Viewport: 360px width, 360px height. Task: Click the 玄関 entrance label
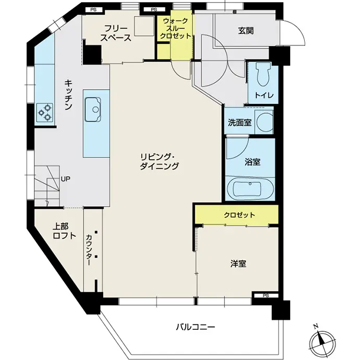tap(246, 31)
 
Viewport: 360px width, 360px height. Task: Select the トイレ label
tap(264, 95)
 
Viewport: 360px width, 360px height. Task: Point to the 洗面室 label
tap(239, 123)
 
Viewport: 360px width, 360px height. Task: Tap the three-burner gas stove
tap(44, 112)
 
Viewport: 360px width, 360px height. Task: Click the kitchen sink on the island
tap(93, 109)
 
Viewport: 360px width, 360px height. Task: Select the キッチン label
tap(68, 94)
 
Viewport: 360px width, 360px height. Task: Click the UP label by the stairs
tap(65, 179)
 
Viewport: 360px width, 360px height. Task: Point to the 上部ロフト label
tap(64, 231)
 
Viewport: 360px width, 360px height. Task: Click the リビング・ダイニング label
tap(159, 161)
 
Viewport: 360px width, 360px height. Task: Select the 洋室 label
tap(238, 264)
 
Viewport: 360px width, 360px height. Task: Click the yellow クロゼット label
tap(239, 215)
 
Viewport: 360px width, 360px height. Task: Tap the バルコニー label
tap(196, 327)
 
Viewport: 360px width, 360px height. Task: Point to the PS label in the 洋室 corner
tap(266, 296)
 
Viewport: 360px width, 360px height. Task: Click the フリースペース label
tap(116, 33)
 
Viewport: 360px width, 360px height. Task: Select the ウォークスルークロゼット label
tap(175, 29)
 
